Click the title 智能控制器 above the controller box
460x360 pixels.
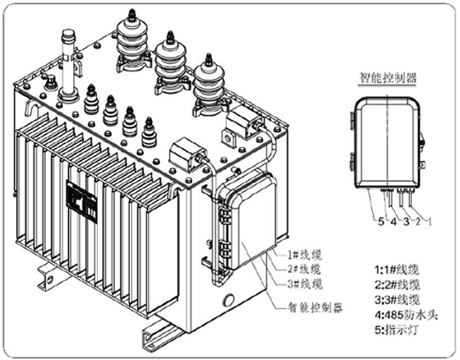[388, 78]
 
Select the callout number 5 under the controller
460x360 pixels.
[381, 221]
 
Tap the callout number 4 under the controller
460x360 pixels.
[393, 221]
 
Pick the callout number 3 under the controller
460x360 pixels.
[406, 221]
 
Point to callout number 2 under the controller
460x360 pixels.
[418, 221]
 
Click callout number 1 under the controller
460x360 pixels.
[430, 221]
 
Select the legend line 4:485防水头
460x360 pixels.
[406, 315]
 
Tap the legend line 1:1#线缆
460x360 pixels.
[397, 270]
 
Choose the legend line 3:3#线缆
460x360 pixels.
[398, 300]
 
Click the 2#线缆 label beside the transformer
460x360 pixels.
[304, 270]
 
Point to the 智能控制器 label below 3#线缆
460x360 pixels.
[315, 307]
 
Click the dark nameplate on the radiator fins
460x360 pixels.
[82, 202]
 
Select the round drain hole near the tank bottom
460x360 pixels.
[228, 300]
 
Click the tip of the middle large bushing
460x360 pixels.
[170, 32]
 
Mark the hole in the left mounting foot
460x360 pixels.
[50, 279]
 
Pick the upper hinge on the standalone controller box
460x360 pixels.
[352, 120]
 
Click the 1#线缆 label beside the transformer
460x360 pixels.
[304, 255]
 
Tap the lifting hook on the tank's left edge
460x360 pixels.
[30, 107]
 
